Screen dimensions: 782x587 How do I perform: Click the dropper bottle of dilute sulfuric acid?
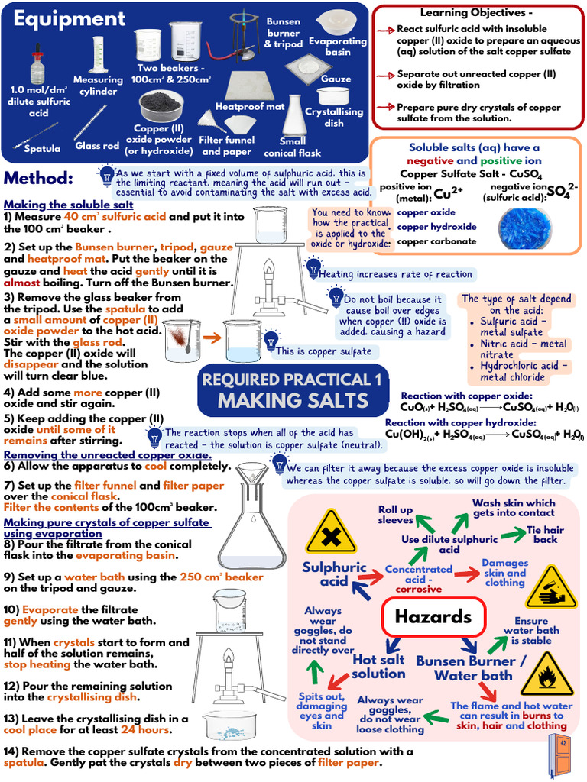tap(37, 62)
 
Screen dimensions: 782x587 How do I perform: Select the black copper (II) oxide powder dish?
tap(159, 108)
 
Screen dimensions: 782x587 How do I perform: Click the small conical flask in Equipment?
tap(293, 116)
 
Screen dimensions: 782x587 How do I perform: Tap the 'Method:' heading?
tap(38, 179)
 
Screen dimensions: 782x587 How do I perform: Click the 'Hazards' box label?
tap(433, 617)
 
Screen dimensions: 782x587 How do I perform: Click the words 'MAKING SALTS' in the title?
tap(293, 400)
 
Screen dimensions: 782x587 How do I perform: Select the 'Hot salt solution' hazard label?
tap(378, 666)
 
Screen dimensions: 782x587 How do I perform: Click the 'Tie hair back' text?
tap(545, 534)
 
